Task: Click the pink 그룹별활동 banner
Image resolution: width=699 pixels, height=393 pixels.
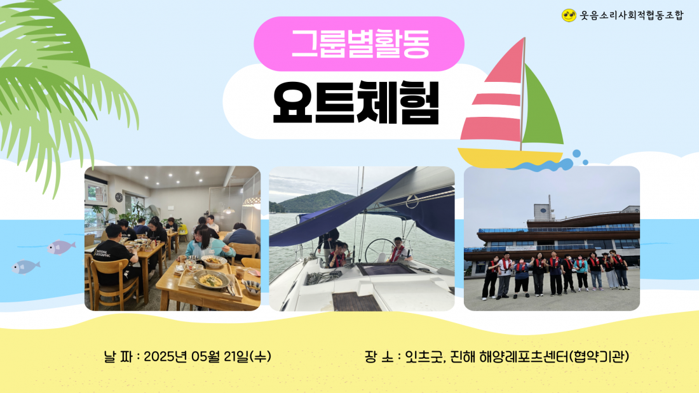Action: [359, 44]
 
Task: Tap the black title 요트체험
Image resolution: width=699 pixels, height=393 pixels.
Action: [356, 103]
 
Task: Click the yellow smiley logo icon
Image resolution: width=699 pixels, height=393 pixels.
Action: [569, 16]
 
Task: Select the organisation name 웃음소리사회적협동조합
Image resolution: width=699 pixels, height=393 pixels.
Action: [631, 16]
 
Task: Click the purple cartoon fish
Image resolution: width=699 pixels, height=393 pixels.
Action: [60, 247]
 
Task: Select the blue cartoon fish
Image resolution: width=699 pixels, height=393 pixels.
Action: [25, 267]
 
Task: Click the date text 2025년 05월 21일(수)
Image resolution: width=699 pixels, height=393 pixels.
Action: [207, 356]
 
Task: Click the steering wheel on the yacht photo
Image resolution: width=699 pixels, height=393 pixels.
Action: [379, 250]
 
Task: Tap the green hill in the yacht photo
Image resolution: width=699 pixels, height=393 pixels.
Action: [315, 201]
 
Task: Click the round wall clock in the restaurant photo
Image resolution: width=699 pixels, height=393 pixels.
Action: [119, 197]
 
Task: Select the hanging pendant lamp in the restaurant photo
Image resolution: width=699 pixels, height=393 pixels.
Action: [229, 210]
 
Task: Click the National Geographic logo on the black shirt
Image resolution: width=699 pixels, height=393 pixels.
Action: [102, 254]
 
